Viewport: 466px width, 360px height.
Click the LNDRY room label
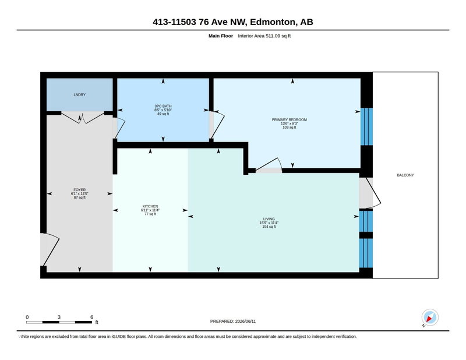coord(79,94)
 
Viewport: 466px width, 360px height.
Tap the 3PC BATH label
coord(163,106)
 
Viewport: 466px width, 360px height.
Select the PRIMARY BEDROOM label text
coord(289,119)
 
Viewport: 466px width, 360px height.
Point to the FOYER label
coord(79,190)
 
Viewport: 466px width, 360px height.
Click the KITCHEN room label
coord(150,206)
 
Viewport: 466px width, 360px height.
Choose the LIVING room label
coord(269,219)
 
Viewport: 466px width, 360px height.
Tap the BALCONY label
coord(405,175)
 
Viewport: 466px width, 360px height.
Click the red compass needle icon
coord(429,319)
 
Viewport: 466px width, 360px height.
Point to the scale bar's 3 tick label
coord(59,317)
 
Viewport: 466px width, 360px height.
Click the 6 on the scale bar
coord(91,317)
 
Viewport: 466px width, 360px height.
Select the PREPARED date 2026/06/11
coord(245,321)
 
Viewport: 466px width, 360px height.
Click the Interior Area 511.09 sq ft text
coord(264,36)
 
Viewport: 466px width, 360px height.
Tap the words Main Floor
coord(221,36)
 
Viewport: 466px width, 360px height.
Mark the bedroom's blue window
coord(366,126)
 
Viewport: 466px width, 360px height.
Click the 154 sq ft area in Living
coord(269,227)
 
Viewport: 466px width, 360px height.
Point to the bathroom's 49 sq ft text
coord(163,114)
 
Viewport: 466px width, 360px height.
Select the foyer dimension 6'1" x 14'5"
coord(79,193)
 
